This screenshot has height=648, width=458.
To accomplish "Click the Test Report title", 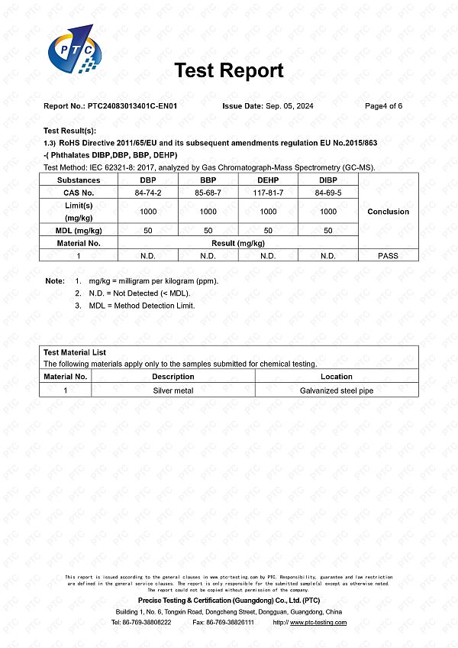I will point(229,71).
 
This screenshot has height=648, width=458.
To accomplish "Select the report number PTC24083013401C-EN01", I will point(133,106).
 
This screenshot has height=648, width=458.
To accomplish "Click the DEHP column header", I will point(268,180).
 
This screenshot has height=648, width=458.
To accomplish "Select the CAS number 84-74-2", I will point(148,193).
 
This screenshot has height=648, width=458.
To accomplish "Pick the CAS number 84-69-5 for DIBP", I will point(328,193).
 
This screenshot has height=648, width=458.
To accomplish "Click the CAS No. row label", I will point(79,193).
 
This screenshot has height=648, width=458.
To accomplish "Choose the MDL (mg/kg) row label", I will point(79,230).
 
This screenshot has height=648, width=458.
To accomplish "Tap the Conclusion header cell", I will point(388,212).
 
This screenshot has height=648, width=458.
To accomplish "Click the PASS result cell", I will point(388,256).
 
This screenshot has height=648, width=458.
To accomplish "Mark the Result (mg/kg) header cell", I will point(237,243).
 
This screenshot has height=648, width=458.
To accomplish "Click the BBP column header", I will point(208,180).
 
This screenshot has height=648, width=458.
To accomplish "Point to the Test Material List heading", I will point(75,353).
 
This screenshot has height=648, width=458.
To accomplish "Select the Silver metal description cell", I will point(173,390).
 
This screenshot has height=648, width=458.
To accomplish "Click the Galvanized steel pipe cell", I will point(337,390).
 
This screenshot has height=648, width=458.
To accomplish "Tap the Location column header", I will point(337,377).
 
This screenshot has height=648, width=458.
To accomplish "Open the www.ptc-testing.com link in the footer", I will point(318,623).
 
